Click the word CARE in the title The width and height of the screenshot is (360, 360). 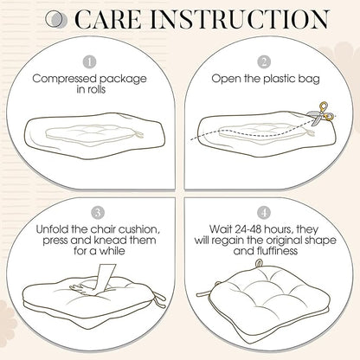pyautogui.click(x=108, y=20)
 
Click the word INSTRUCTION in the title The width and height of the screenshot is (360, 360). pyautogui.click(x=240, y=19)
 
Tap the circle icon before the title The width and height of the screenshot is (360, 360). pyautogui.click(x=55, y=20)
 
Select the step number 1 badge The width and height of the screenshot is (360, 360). pyautogui.click(x=89, y=62)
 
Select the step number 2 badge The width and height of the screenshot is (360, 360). pyautogui.click(x=264, y=62)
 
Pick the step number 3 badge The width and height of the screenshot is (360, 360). pyautogui.click(x=98, y=213)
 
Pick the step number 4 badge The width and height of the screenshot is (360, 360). pyautogui.click(x=264, y=213)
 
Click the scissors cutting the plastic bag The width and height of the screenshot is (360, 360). pyautogui.click(x=321, y=114)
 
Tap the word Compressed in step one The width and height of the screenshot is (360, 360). pyautogui.click(x=64, y=79)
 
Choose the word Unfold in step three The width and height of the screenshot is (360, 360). pyautogui.click(x=53, y=229)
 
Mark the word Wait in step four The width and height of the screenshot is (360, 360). pyautogui.click(x=221, y=229)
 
